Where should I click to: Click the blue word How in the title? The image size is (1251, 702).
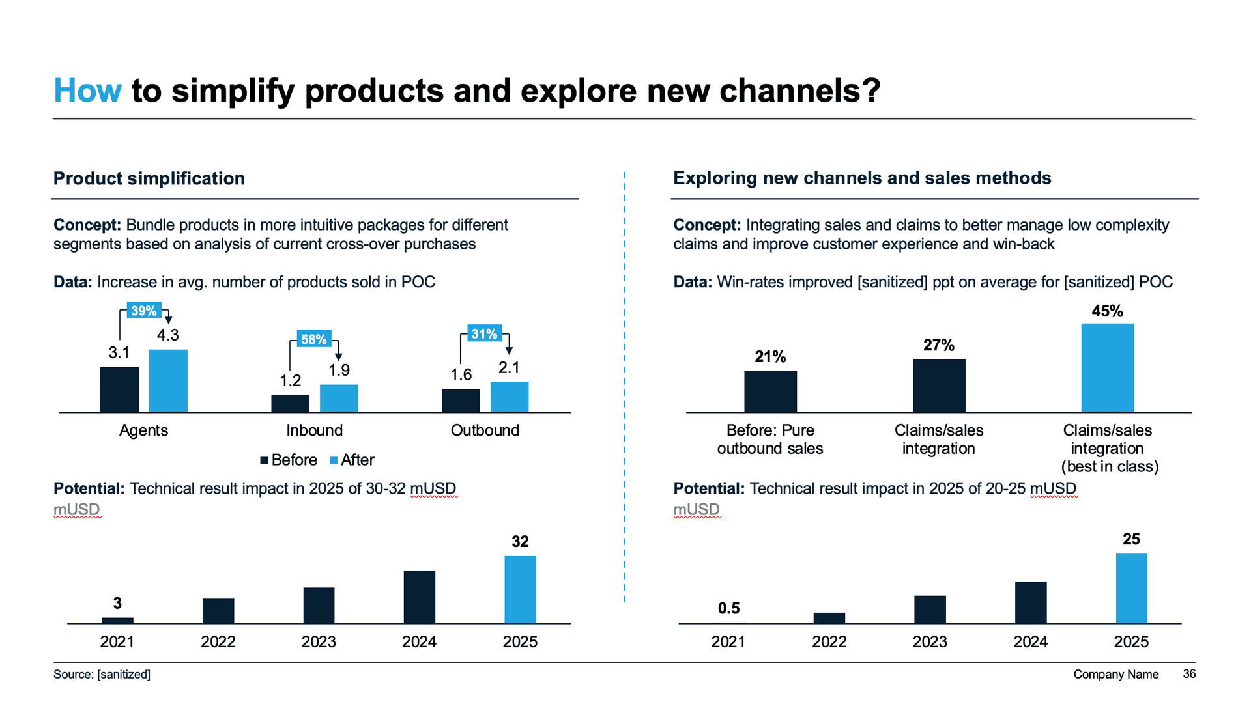tap(87, 91)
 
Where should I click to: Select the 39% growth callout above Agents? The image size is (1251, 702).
tap(143, 311)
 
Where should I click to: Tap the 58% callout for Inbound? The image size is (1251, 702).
tap(313, 339)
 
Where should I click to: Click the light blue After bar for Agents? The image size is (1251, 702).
tap(168, 381)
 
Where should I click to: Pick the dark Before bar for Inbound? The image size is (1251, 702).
tap(290, 403)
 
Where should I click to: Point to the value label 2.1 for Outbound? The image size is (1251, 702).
tap(509, 368)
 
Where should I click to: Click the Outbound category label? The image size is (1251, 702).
tap(485, 430)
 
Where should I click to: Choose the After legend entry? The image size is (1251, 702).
tap(352, 460)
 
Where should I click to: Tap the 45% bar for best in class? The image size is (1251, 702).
tap(1107, 368)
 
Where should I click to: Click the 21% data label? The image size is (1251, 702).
tap(770, 357)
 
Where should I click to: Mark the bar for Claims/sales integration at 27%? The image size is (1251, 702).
tap(938, 386)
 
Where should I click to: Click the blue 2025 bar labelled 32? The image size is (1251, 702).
tap(520, 589)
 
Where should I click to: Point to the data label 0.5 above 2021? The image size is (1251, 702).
tap(728, 608)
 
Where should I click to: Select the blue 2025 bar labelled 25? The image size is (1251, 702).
tap(1131, 588)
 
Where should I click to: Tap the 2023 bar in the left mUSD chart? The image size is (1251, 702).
tap(319, 606)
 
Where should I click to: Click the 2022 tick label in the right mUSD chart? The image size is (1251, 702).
tap(829, 642)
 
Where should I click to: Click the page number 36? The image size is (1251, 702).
tap(1189, 674)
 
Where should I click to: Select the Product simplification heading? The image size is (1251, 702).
tap(149, 178)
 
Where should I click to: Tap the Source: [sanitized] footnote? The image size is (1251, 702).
tap(102, 675)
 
